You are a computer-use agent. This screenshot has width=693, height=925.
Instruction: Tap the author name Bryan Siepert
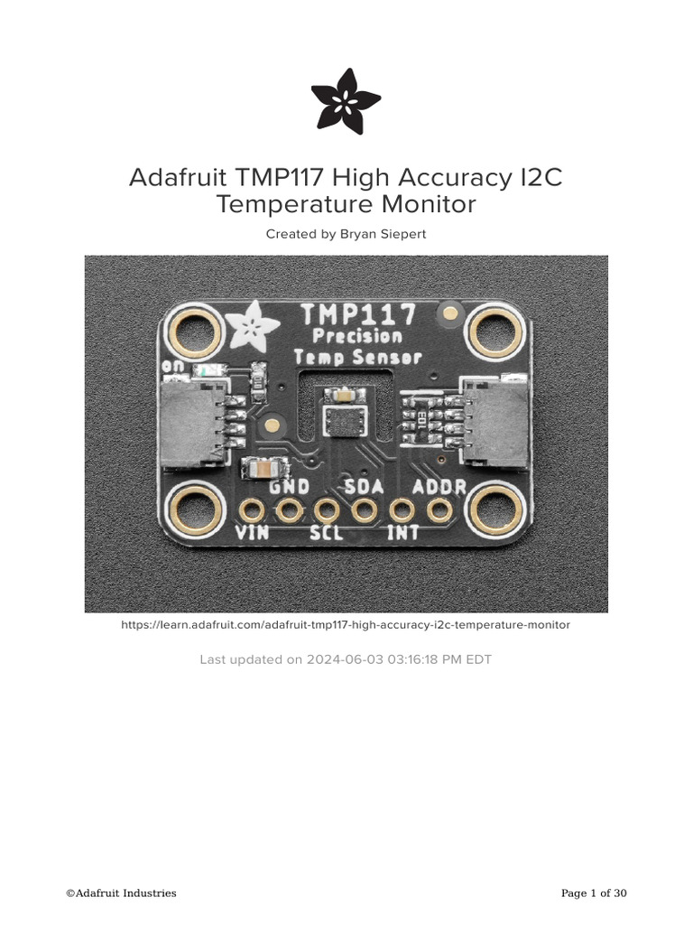[383, 234]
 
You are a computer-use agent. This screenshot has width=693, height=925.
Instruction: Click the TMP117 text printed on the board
[358, 314]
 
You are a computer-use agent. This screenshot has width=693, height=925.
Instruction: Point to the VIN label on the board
[252, 533]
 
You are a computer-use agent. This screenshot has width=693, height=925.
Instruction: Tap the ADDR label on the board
[439, 488]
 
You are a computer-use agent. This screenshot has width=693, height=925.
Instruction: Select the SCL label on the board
[326, 533]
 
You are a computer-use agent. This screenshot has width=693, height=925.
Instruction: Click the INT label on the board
[402, 533]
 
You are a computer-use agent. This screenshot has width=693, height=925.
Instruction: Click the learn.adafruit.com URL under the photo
[346, 624]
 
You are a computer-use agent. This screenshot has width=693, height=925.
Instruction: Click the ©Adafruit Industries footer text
[121, 893]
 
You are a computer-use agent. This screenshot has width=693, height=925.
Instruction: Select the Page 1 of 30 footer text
[594, 893]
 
